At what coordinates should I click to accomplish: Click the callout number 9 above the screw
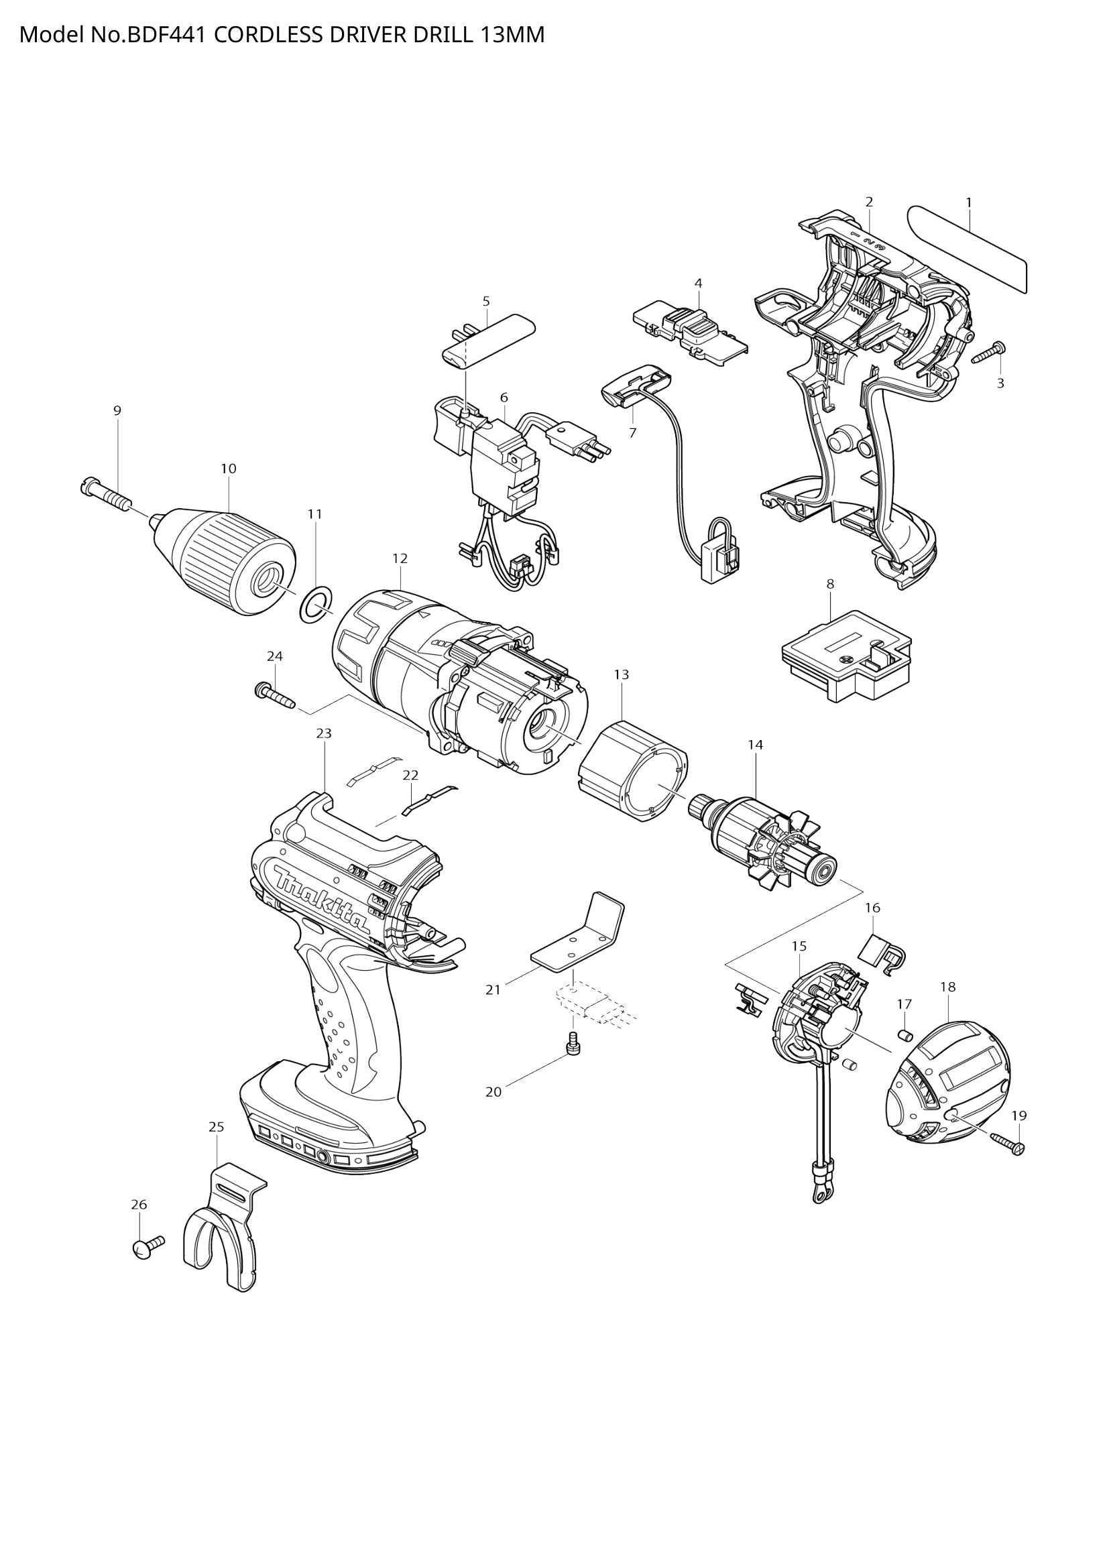point(117,410)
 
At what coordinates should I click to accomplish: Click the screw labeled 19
point(1007,1143)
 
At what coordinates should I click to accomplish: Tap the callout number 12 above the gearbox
point(400,558)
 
